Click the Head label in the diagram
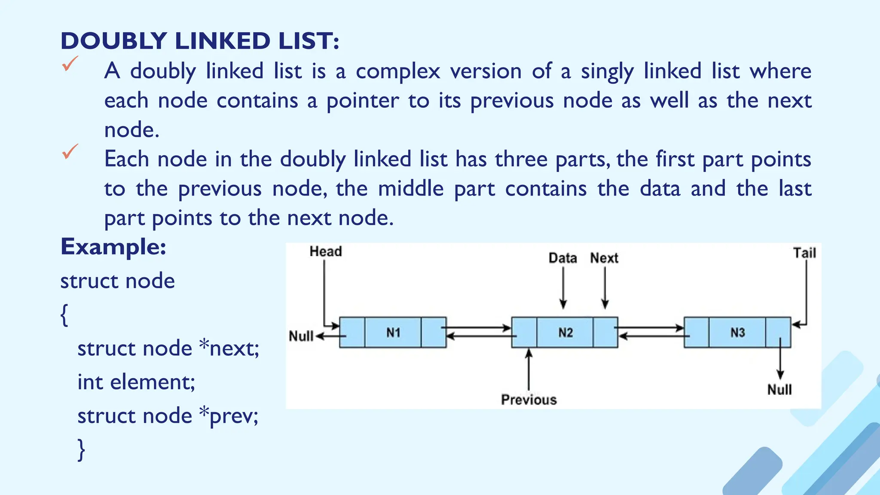(326, 251)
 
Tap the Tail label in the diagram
(804, 253)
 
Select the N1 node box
(393, 332)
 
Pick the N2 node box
(565, 332)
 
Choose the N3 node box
(737, 332)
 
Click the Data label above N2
(562, 258)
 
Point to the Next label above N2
(604, 258)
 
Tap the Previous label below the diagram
(529, 400)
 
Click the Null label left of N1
(301, 336)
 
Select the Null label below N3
(779, 390)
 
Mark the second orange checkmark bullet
(70, 151)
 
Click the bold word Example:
(113, 247)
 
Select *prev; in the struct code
(229, 416)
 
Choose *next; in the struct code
(229, 348)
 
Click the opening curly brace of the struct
(64, 315)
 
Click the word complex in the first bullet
(398, 71)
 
